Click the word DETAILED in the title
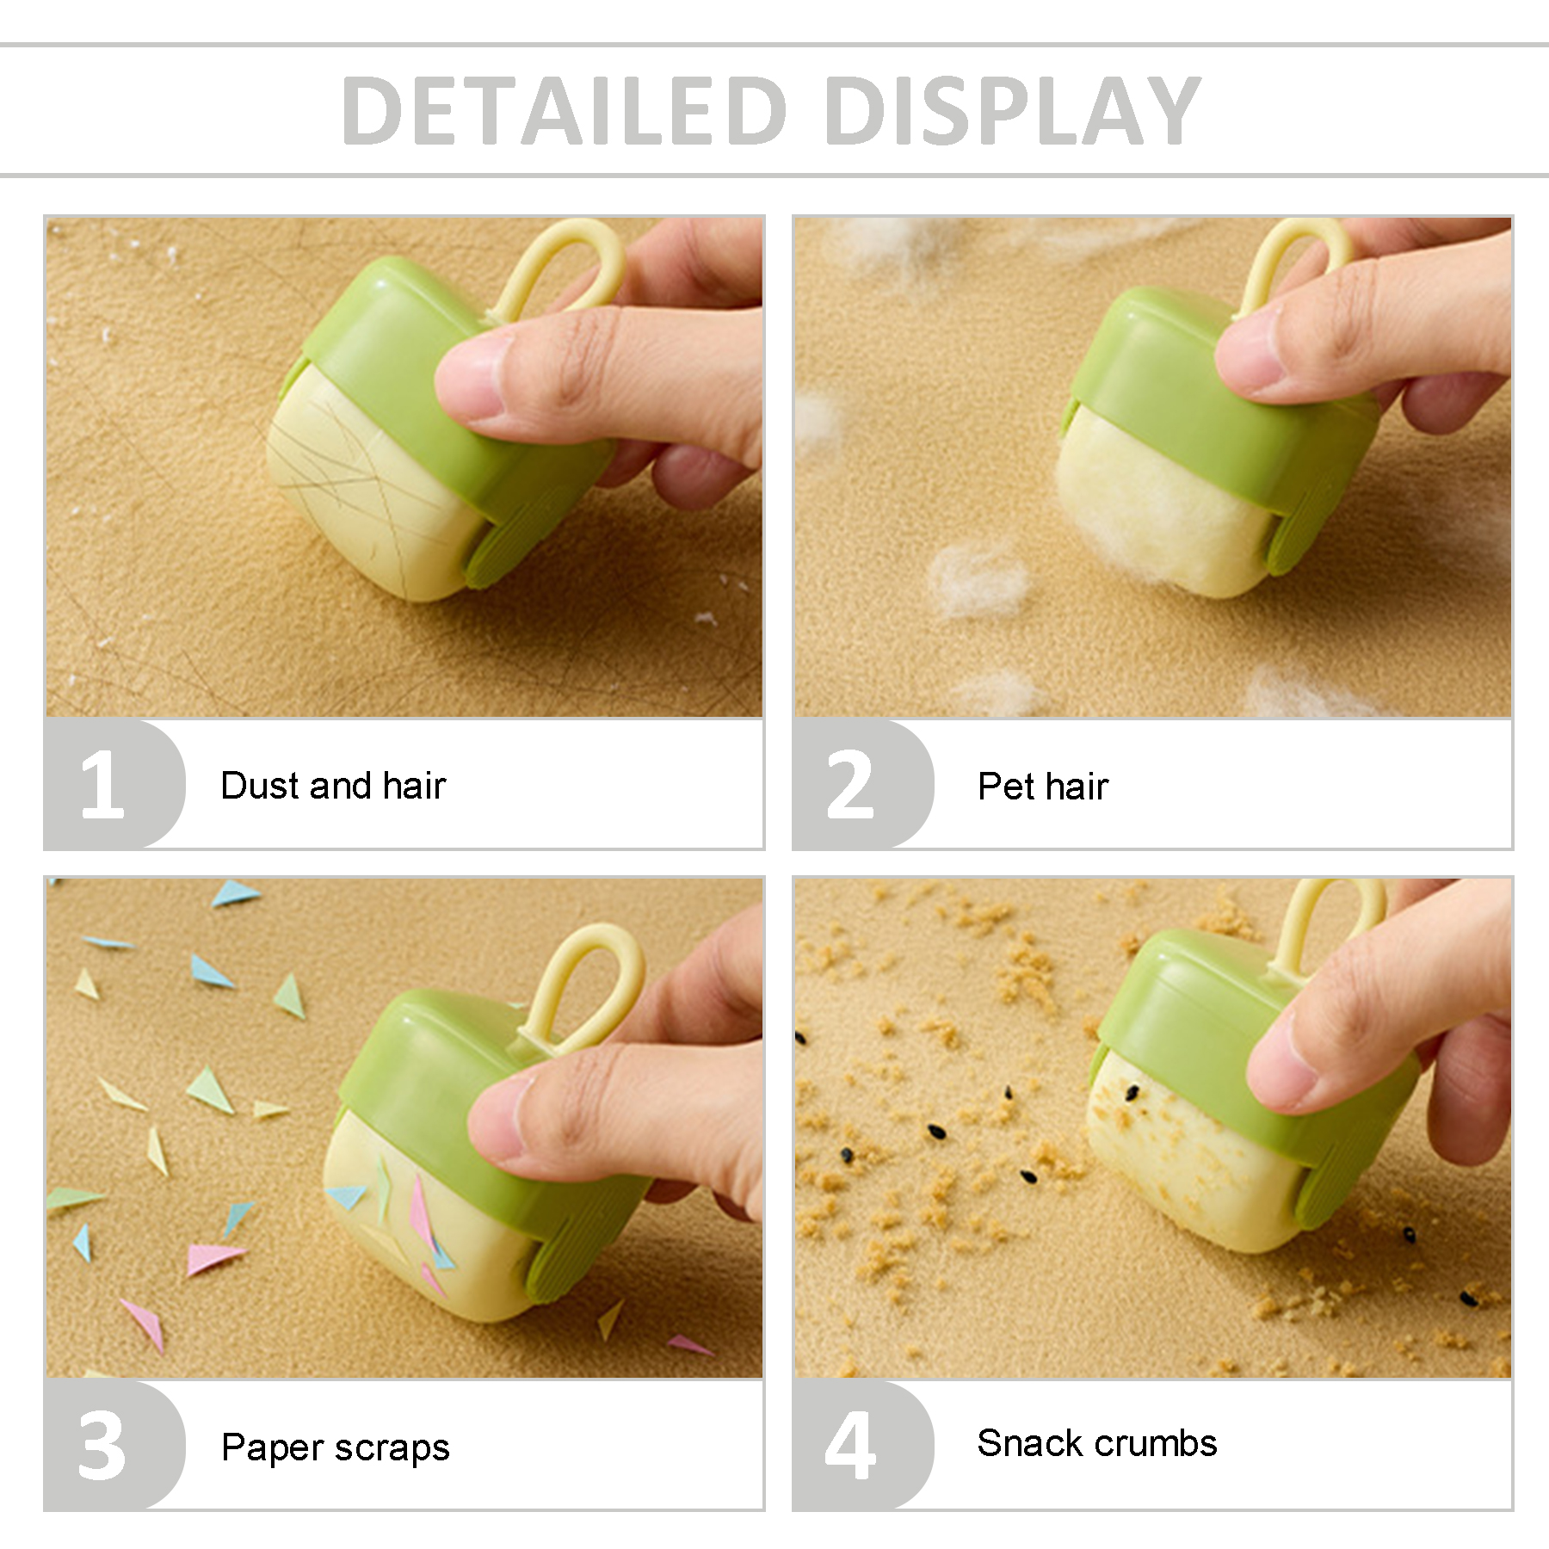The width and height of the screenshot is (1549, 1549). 565,110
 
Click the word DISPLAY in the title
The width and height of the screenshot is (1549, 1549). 1012,110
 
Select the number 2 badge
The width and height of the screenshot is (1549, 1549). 850,784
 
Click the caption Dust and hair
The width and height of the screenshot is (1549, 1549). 333,785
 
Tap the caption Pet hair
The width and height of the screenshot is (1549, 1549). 1043,786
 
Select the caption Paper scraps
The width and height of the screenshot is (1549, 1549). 336,1447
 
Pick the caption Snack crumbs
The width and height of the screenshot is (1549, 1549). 1097,1443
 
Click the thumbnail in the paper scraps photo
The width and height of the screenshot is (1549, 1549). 503,1119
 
